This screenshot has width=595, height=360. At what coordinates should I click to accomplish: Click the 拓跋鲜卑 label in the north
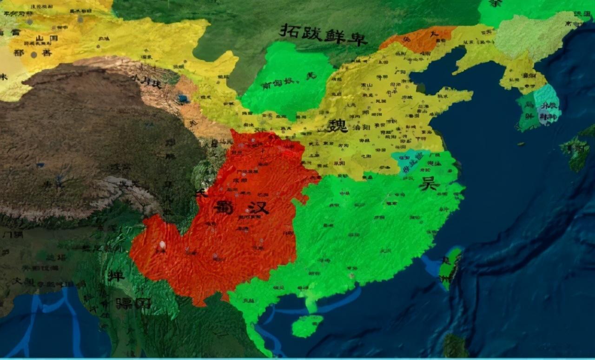pos(323,34)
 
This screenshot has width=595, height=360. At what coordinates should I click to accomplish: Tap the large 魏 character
pos(337,125)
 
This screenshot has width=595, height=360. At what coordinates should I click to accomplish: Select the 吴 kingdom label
pos(429,183)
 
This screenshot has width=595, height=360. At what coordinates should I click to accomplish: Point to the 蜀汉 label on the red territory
pos(242,207)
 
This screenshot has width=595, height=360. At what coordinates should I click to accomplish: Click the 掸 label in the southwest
pos(116,276)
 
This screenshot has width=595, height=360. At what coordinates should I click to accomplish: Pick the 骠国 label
pos(133,304)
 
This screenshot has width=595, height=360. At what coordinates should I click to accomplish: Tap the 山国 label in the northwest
pos(46,38)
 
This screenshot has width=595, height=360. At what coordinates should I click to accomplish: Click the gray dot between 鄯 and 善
pos(33,54)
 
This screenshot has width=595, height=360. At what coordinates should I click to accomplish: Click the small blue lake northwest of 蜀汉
pos(183,99)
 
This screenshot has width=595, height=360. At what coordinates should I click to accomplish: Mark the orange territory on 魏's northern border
pos(418,39)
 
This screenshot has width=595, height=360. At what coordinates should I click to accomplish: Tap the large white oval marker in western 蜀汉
pos(162,245)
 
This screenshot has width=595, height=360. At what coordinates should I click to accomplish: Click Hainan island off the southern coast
pos(307,326)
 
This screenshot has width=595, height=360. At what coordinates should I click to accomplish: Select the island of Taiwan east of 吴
pos(450,267)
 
